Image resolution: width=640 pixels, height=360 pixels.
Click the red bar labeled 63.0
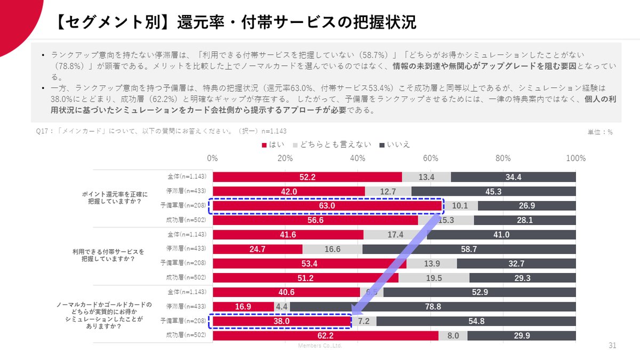(327, 206)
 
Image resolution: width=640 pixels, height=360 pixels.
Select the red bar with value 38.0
(282, 321)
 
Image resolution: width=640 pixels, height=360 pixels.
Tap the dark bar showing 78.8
(433, 307)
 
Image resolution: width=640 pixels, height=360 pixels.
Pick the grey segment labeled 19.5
(434, 278)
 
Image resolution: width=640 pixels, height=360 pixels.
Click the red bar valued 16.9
(243, 307)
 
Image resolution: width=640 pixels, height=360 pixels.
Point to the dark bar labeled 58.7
(469, 249)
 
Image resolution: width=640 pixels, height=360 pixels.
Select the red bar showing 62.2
(325, 335)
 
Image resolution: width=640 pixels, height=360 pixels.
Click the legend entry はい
(274, 145)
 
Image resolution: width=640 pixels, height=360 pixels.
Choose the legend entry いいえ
(395, 145)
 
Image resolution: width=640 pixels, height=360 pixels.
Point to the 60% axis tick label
(430, 158)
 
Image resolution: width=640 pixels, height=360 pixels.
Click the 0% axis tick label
(212, 158)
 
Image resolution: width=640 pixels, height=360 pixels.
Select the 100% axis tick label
(575, 158)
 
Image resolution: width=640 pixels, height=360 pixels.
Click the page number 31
(612, 346)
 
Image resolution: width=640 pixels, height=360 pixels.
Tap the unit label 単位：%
(599, 132)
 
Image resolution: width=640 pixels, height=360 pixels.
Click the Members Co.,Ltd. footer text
(319, 346)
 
